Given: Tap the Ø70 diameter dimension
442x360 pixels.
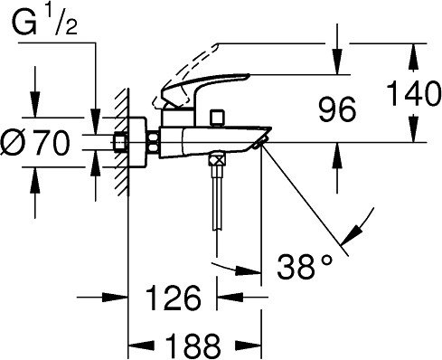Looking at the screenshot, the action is click(x=35, y=143).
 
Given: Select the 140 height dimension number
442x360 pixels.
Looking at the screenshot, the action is click(x=413, y=92).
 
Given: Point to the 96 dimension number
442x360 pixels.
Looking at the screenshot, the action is click(x=337, y=109).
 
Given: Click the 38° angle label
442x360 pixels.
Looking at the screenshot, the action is click(x=305, y=266).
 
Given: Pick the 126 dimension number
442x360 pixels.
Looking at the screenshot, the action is click(x=174, y=298).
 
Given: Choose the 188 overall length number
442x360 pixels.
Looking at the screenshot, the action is click(x=193, y=345).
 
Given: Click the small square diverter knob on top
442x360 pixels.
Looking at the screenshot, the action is click(x=218, y=117).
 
